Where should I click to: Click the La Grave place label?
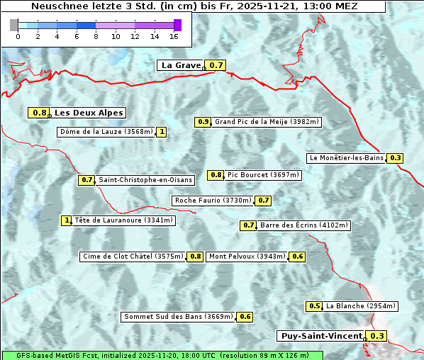tap(181, 65)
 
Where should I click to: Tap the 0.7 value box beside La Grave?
tap(216, 65)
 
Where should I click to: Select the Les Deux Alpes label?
tap(89, 113)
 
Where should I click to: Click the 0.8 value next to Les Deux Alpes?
tap(40, 113)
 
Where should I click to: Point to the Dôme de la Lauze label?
tap(106, 132)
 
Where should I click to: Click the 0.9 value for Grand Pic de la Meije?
tap(203, 122)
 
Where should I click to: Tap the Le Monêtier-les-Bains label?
tap(346, 158)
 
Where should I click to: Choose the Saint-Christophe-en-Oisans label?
tap(145, 180)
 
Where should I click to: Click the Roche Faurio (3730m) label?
tap(213, 201)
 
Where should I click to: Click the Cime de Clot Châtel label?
tap(132, 257)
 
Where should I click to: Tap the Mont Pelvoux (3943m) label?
tap(247, 257)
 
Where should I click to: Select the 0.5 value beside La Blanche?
tap(314, 306)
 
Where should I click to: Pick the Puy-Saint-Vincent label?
tap(321, 336)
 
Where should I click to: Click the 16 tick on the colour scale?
tap(174, 35)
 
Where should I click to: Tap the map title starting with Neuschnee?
tap(194, 6)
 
